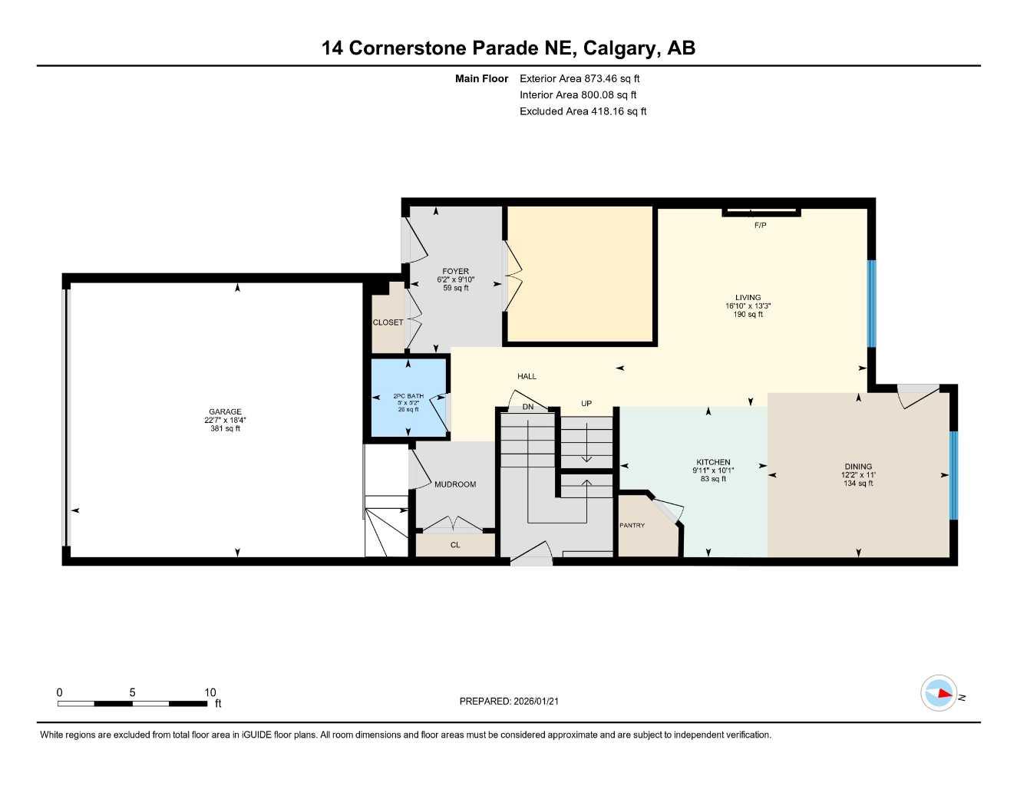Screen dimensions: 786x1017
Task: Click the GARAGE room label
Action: tap(225, 411)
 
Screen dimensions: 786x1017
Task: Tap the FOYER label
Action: tap(455, 271)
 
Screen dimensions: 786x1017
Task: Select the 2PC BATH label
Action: tap(408, 396)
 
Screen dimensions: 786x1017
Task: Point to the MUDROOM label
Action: tap(455, 484)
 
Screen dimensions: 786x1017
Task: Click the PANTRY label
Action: tap(632, 525)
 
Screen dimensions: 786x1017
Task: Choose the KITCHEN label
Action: tap(713, 462)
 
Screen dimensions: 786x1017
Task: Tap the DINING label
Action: tap(858, 467)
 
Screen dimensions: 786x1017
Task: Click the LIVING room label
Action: tap(748, 297)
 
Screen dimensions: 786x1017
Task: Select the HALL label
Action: tap(527, 376)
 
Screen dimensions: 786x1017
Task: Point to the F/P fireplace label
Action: tap(760, 225)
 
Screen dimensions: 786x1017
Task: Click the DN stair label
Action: tap(528, 407)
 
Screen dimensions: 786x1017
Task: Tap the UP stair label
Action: tap(586, 403)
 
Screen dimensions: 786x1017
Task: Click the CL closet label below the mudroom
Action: tap(455, 545)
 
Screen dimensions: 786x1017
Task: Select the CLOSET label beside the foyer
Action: tap(388, 322)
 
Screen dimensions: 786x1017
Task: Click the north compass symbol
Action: tap(939, 693)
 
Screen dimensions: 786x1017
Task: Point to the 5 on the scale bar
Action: tap(132, 692)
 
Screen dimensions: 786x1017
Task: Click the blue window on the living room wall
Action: tap(871, 303)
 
